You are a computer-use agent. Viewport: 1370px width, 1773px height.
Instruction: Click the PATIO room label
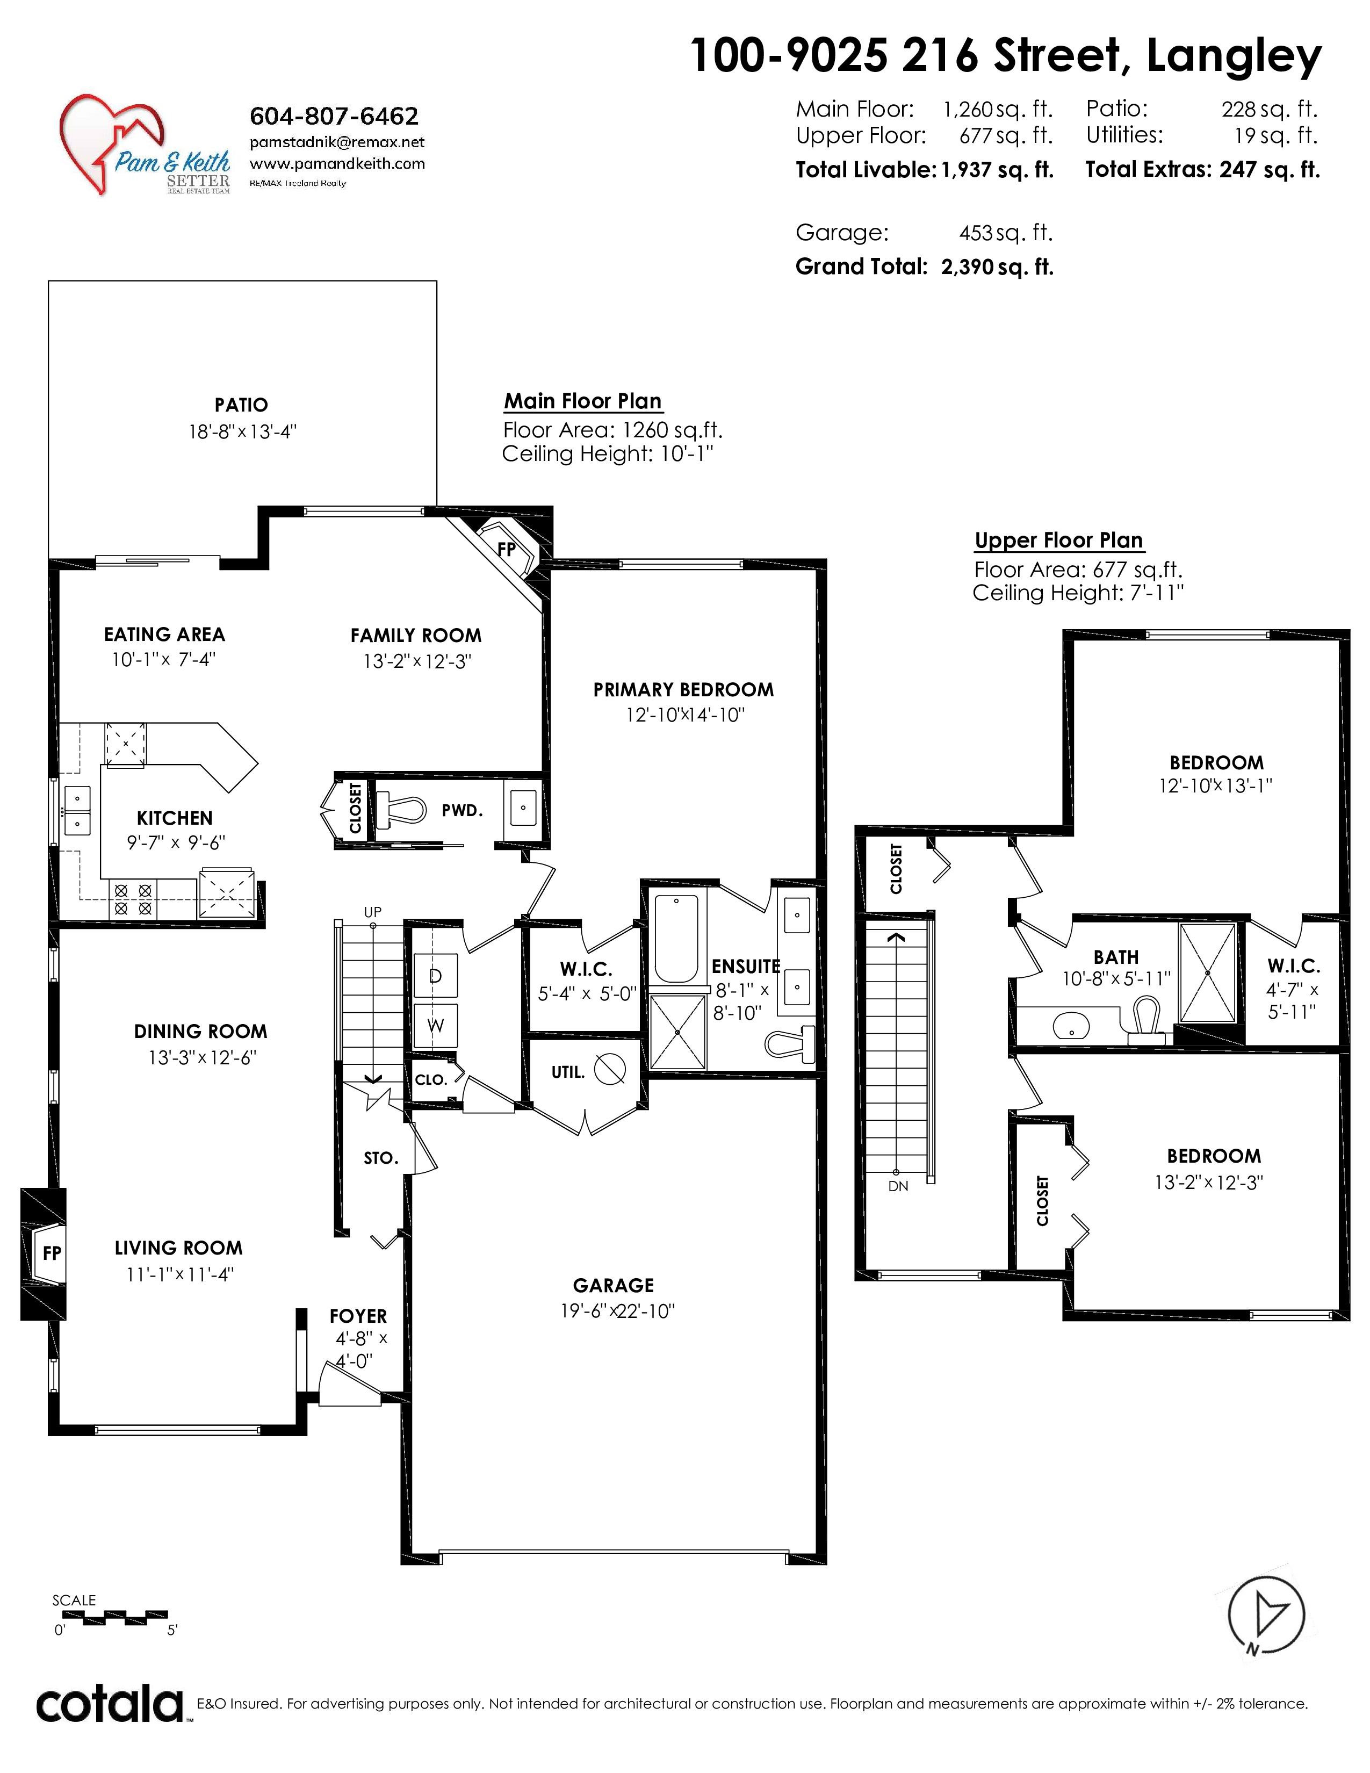(241, 404)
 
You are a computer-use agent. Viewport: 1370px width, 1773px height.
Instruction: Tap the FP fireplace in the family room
(507, 548)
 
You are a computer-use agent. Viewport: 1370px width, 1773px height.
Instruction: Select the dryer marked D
(435, 975)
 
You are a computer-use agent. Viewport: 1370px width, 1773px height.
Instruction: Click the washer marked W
(435, 1025)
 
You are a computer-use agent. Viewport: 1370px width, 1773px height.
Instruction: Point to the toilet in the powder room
(402, 809)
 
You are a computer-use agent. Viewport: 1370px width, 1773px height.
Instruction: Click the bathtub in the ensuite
(675, 938)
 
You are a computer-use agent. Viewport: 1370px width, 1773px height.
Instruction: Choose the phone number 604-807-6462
(334, 116)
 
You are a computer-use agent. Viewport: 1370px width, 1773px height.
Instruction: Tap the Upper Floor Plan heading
(1058, 540)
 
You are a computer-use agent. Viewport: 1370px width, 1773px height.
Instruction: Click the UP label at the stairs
(372, 912)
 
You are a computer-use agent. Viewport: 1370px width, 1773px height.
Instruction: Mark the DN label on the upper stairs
(898, 1186)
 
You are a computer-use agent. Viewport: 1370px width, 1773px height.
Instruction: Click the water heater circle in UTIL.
(610, 1069)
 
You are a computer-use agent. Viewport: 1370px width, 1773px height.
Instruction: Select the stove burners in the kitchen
(133, 899)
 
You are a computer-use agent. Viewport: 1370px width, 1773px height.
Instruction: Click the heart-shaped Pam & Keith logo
(113, 143)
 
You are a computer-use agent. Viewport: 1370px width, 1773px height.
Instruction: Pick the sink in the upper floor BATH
(1071, 1027)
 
